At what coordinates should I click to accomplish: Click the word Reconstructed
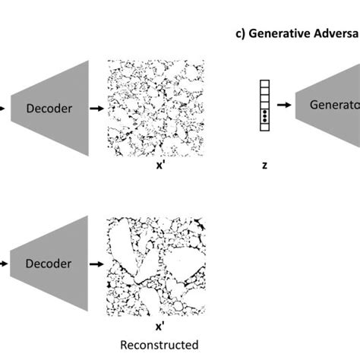tap(160, 345)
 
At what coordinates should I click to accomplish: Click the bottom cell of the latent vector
tap(264, 128)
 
